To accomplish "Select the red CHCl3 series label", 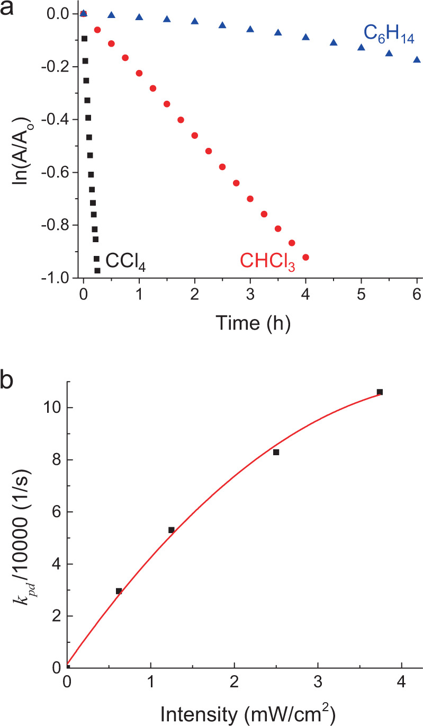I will pos(267,261).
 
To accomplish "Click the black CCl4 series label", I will pos(125,261).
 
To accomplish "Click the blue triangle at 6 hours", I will pos(417,59).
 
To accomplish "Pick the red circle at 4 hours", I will pos(305,258).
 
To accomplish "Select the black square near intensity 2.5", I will pos(276,452).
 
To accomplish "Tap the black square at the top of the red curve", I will pos(380,392).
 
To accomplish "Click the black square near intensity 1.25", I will pos(172,530).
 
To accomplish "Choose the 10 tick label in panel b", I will pos(51,408).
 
